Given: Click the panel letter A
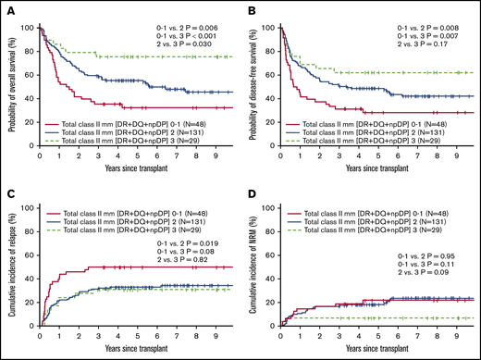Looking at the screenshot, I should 7,7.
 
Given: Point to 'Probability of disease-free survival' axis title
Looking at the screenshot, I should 254,88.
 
